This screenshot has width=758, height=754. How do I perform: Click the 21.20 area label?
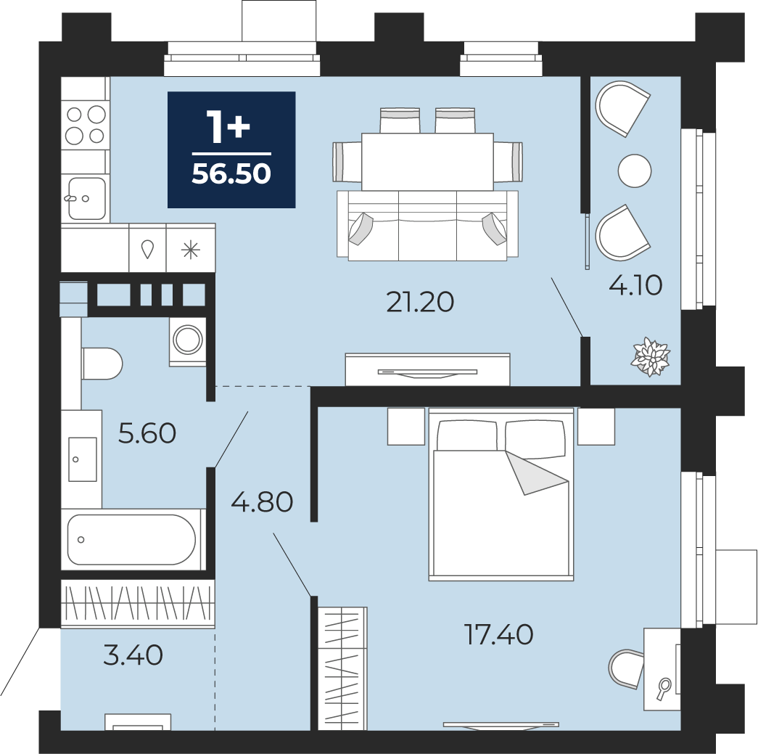click(x=420, y=303)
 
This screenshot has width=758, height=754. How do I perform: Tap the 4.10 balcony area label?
click(x=635, y=285)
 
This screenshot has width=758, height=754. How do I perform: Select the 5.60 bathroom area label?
click(x=147, y=433)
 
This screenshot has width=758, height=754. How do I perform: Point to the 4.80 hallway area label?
click(x=262, y=501)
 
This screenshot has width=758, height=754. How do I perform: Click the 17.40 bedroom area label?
click(x=498, y=634)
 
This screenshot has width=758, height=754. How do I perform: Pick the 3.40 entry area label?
click(x=133, y=656)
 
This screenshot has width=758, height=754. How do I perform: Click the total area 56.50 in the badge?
click(x=231, y=173)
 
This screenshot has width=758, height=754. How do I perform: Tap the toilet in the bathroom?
click(x=102, y=364)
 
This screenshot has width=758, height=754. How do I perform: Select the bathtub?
click(x=131, y=539)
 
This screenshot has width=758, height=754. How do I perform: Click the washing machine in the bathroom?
click(x=188, y=340)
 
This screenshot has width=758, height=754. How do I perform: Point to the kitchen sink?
click(x=86, y=198)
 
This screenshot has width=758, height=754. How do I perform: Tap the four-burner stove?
click(x=86, y=125)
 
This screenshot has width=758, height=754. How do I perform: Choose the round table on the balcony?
click(x=635, y=171)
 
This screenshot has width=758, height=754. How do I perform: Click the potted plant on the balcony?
click(x=651, y=358)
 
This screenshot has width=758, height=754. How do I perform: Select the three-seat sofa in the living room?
click(x=427, y=226)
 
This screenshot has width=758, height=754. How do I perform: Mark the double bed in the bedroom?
click(x=500, y=493)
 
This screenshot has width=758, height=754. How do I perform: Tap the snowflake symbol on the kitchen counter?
click(x=191, y=250)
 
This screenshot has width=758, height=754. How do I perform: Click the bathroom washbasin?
click(x=82, y=459)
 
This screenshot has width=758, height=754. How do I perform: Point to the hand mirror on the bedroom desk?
click(x=664, y=689)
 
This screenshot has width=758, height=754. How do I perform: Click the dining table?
click(x=427, y=162)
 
